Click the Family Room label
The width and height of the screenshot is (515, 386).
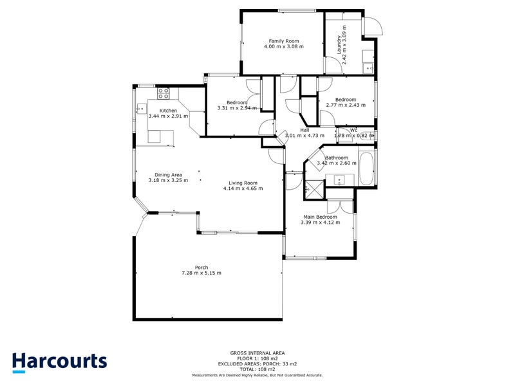coord(283,41)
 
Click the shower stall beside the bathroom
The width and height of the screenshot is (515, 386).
coord(315,188)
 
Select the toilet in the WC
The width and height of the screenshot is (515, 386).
coord(370,135)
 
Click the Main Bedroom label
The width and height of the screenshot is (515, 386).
coord(320,217)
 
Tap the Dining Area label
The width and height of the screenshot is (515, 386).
coord(168,174)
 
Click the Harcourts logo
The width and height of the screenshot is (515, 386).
coord(59,361)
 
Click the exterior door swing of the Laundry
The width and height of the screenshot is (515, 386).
coord(373,26)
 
